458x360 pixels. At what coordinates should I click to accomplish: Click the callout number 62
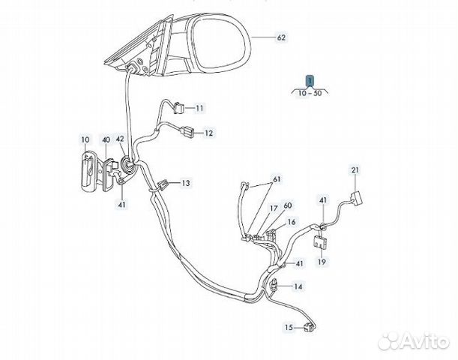281,37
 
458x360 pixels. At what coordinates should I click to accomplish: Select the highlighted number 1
309,79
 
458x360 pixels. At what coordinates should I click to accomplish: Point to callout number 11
199,109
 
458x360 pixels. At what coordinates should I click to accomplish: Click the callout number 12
208,133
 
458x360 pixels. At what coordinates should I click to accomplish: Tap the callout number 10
85,139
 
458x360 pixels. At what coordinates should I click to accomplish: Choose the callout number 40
106,139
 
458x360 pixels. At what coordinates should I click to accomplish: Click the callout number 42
120,139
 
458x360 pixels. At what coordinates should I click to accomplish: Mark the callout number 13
185,183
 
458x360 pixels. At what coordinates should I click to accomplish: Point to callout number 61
277,179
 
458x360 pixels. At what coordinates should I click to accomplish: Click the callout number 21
356,171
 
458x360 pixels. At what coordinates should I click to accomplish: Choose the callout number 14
298,286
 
